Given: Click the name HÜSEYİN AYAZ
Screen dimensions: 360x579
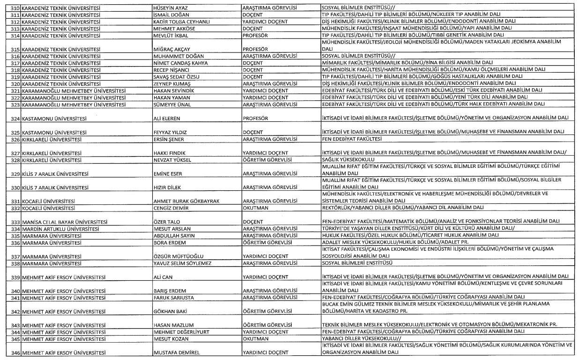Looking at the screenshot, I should pos(170,8).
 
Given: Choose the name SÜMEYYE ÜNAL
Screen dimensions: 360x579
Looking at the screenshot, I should pos(171,104).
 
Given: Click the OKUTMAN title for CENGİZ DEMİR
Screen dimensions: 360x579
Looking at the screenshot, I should pos(255,208).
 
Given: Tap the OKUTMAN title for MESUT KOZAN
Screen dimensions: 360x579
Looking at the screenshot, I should pos(255,338).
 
